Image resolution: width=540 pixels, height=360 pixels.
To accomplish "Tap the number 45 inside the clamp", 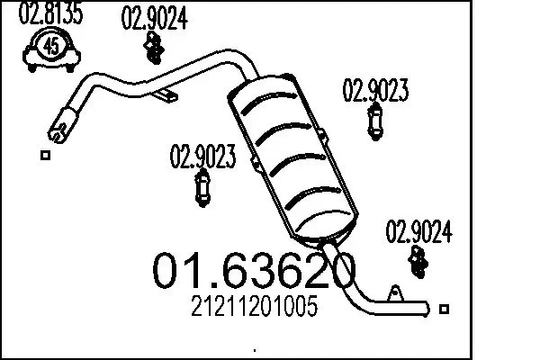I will pos(51,45).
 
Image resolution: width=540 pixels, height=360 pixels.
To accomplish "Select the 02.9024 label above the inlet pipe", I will pos(154,18).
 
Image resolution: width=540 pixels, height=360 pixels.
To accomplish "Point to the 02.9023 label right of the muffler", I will pos(376,90).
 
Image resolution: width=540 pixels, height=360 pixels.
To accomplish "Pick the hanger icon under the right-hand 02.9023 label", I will pos(375,121).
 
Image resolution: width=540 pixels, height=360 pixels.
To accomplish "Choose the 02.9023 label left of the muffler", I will pos(202,157).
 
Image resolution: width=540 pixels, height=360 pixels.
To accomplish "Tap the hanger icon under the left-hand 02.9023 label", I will pos(202,189).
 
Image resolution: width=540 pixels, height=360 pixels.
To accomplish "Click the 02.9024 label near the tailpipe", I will pos(419,232).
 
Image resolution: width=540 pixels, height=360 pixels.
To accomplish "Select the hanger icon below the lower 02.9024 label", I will pos(419,261).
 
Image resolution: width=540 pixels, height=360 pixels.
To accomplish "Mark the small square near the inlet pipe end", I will pos(45,155).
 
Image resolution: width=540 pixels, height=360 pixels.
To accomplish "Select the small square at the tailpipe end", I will pos(442,309).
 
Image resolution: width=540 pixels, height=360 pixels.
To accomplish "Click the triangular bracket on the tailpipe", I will pos(393,293).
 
